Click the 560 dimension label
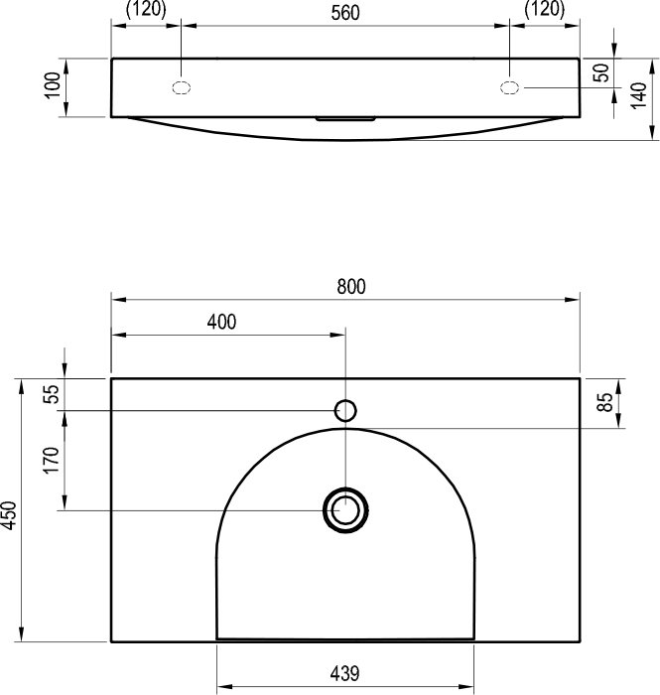(x=345, y=12)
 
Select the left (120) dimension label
(x=146, y=9)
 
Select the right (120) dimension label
(x=545, y=9)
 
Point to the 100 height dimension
(x=53, y=84)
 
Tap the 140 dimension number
(x=638, y=95)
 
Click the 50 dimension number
(x=601, y=72)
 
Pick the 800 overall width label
(x=351, y=286)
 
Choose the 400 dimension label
(x=221, y=322)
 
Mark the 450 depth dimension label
(x=9, y=515)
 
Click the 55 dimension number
(x=53, y=394)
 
